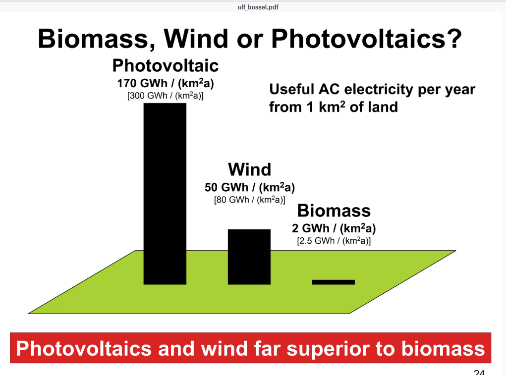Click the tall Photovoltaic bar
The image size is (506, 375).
pos(165,194)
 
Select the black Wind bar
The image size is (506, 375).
pos(249,257)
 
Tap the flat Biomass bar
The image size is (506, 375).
pos(334,282)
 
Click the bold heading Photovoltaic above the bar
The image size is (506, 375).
pos(165,65)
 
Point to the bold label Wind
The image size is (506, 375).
pos(249,169)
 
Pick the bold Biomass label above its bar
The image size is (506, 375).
pos(334,211)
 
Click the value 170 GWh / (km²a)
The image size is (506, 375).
pos(165,83)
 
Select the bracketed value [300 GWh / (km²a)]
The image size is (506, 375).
pos(165,96)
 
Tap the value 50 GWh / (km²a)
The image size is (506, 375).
pos(249,187)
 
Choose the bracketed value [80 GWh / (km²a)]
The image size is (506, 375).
pos(249,200)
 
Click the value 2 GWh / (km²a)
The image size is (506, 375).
pos(334,228)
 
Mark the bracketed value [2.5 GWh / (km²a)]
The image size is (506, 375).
pos(334,241)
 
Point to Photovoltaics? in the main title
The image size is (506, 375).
pos(367,39)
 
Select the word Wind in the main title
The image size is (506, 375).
pos(197,39)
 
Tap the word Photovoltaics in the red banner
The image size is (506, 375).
pos(84,349)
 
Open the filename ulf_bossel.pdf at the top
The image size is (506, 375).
pos(258,7)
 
